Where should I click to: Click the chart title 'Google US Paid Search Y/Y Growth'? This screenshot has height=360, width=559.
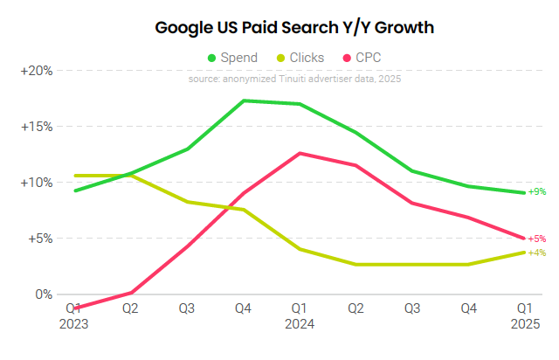click(294, 28)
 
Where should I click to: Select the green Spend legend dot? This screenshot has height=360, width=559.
click(211, 58)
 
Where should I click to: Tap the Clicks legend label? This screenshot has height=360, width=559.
click(305, 58)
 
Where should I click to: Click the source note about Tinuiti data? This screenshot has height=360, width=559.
click(294, 79)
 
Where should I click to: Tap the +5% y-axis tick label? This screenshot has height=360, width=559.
click(39, 238)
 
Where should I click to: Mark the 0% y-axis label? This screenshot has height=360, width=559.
click(44, 294)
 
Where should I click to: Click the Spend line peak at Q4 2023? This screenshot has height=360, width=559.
click(244, 100)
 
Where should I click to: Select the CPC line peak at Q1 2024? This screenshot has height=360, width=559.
click(300, 153)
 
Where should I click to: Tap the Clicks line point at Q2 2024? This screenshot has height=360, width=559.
click(355, 264)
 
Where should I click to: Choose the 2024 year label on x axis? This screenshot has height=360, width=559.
click(300, 322)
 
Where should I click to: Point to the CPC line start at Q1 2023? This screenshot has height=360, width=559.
click(76, 308)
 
